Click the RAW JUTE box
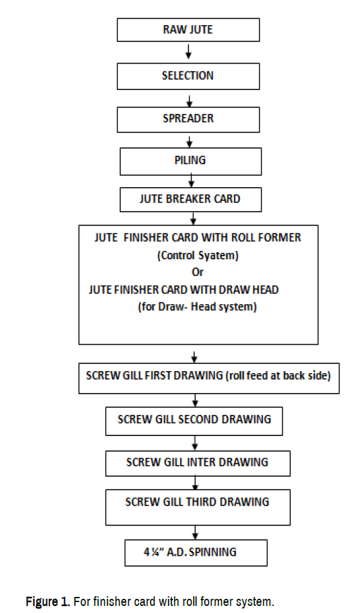coord(188,30)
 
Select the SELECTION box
coord(188,77)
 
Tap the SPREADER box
coord(188,120)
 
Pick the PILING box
coord(190,161)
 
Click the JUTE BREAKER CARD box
coord(190,200)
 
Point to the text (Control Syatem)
coord(198,255)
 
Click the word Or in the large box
coord(197,272)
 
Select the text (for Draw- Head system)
coord(197,306)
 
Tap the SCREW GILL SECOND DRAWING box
coord(194,421)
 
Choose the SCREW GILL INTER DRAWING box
coord(198,464)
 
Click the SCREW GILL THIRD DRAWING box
coord(198,508)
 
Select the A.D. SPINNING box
coord(196,553)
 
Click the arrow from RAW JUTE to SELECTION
coord(188,51)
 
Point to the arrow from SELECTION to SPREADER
coord(189,101)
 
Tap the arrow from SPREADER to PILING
coord(189,142)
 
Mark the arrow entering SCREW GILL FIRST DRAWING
coord(194,357)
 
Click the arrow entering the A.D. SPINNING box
coord(195,533)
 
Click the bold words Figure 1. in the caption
coord(48,601)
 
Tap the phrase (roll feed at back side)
coord(278,376)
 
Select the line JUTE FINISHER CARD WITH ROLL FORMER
coord(198,238)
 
